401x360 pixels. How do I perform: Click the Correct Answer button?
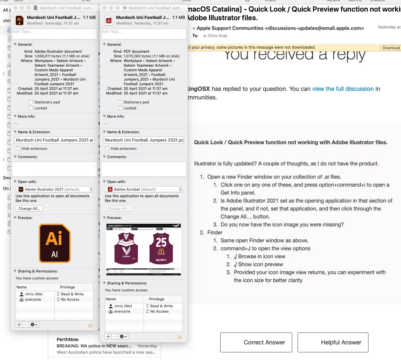[x=256, y=342]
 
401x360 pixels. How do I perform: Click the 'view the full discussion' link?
[x=343, y=89]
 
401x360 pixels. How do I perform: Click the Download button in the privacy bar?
[x=391, y=48]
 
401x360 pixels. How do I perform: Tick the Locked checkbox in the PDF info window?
[x=120, y=108]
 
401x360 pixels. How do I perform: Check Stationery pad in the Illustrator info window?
[x=31, y=102]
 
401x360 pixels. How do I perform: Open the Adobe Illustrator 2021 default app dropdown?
[x=55, y=189]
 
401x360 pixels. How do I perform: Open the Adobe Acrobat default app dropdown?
[x=144, y=189]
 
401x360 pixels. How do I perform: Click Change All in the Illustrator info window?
[x=29, y=209]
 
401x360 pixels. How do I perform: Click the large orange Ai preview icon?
[x=54, y=243]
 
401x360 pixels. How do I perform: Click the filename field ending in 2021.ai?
[x=54, y=140]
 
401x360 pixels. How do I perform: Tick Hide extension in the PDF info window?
[x=107, y=149]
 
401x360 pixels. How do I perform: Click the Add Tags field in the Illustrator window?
[x=54, y=34]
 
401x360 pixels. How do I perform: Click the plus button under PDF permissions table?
[x=108, y=336]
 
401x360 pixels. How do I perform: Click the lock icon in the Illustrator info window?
[x=90, y=325]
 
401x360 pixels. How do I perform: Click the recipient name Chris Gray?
[x=217, y=36]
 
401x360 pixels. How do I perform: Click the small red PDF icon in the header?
[x=108, y=20]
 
